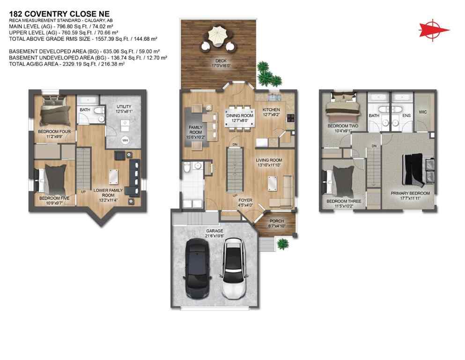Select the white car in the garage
point(232,268)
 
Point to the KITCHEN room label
point(271,110)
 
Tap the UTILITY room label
point(124,106)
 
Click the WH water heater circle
point(125,140)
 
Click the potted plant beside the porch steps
point(282,243)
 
